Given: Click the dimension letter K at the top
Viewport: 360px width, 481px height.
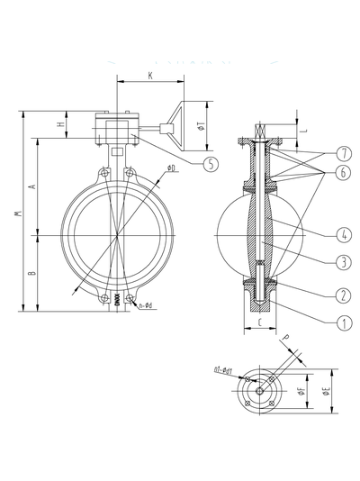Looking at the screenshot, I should pyautogui.click(x=149, y=77).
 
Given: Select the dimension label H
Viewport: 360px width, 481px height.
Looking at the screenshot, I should pyautogui.click(x=60, y=123).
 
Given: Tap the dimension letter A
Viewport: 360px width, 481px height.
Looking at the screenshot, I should pyautogui.click(x=32, y=186).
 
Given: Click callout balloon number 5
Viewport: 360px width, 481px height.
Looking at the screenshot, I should pyautogui.click(x=210, y=164).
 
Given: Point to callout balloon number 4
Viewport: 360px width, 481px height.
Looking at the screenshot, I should pyautogui.click(x=319, y=236).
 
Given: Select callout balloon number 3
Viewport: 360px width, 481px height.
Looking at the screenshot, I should pyautogui.click(x=319, y=262).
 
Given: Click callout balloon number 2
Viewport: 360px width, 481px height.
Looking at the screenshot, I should pyautogui.click(x=319, y=295).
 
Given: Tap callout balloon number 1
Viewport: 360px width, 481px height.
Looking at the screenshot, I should pyautogui.click(x=319, y=319).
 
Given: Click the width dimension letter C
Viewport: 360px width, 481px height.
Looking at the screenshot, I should pyautogui.click(x=258, y=320).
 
